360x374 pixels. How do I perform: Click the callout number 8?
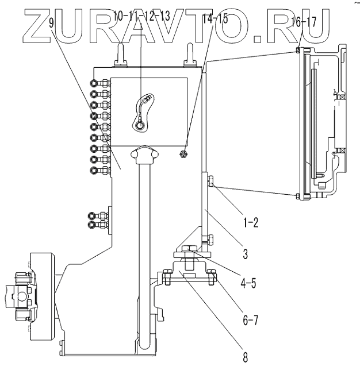[x=245, y=357]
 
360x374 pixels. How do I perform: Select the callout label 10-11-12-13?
[x=141, y=16]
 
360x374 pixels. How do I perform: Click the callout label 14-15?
[x=215, y=18]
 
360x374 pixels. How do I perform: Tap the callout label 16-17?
[x=304, y=24]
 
